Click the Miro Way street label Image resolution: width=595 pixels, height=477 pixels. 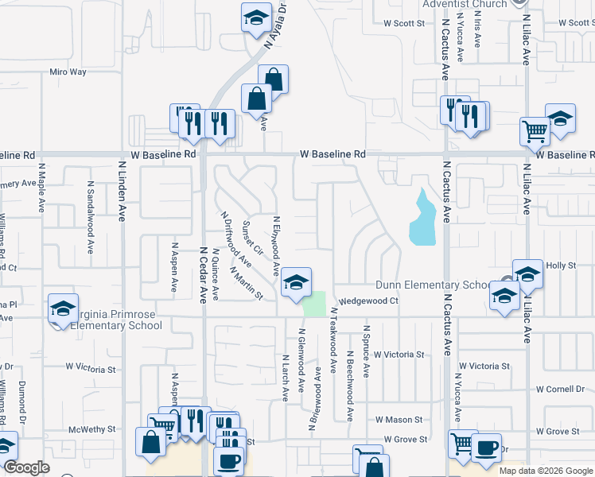pyautogui.click(x=68, y=72)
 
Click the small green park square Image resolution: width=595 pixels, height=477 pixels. pyautogui.click(x=316, y=303)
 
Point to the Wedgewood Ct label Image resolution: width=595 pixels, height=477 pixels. pyautogui.click(x=368, y=301)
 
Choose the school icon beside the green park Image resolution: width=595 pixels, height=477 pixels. pyautogui.click(x=295, y=283)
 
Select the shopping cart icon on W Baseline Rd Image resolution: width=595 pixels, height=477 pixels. pyautogui.click(x=535, y=131)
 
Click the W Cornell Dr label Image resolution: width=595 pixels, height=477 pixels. pyautogui.click(x=560, y=390)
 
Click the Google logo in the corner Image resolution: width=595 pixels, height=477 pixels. pyautogui.click(x=25, y=467)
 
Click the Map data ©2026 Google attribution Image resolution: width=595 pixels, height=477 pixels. pyautogui.click(x=545, y=471)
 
